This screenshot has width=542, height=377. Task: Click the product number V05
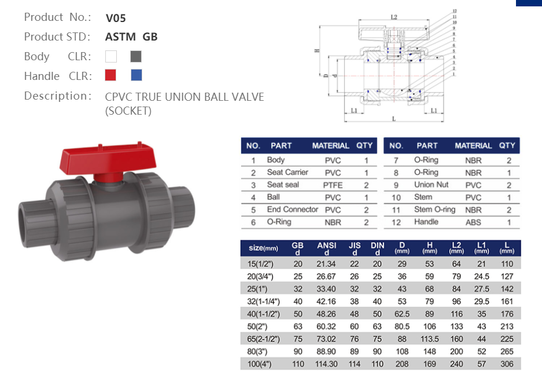click(116, 18)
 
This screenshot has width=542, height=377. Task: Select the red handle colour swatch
click(110, 75)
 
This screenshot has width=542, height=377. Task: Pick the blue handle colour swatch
click(136, 75)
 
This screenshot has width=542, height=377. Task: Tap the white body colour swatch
click(111, 56)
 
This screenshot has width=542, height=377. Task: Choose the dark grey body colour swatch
click(136, 56)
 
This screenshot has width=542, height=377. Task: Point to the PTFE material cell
click(333, 185)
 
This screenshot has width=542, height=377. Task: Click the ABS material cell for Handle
click(473, 222)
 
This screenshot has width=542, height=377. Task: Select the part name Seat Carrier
click(287, 173)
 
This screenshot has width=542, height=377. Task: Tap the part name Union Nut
click(431, 185)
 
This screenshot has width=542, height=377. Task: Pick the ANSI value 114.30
click(327, 364)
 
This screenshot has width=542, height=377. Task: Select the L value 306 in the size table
click(507, 364)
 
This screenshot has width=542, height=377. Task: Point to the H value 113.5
click(430, 339)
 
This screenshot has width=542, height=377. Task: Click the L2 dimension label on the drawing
click(394, 18)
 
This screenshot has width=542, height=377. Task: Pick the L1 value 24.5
click(481, 276)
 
